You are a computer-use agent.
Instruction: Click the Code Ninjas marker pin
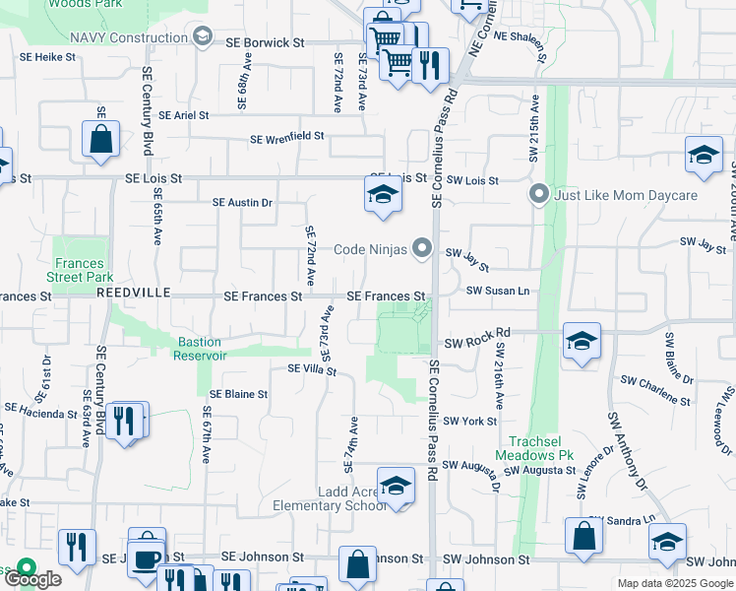click(423, 248)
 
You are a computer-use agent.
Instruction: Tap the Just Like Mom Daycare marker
click(538, 194)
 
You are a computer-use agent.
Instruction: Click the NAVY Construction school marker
click(203, 37)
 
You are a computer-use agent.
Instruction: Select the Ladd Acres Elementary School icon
click(396, 487)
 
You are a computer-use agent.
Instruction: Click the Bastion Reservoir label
click(201, 349)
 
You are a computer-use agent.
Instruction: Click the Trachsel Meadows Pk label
click(538, 449)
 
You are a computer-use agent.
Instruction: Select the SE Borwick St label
click(266, 43)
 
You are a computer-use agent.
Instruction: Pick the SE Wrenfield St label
click(286, 139)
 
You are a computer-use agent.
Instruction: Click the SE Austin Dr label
click(242, 203)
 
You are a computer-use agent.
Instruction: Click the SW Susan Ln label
click(498, 291)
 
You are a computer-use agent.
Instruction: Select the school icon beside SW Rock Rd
click(582, 342)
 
